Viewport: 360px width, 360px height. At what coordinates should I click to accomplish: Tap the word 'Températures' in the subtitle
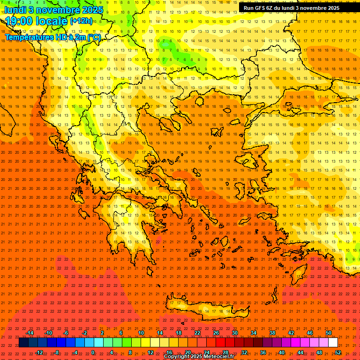(x=29, y=37)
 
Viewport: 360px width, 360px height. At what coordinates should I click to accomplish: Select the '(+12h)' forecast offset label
(x=81, y=21)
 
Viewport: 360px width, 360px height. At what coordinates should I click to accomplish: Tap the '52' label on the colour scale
(x=338, y=352)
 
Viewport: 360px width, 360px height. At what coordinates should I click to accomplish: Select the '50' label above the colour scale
(x=329, y=333)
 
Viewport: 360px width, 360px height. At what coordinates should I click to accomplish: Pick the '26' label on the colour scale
(x=216, y=333)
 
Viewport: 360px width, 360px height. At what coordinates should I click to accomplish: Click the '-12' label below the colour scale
(x=39, y=352)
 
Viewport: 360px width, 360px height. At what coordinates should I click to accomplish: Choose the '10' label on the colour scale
(x=141, y=333)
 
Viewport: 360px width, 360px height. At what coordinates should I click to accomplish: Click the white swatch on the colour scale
(x=333, y=343)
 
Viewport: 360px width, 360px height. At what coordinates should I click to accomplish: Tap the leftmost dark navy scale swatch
(x=23, y=343)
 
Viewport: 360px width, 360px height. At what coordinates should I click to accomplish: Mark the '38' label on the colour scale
(x=272, y=333)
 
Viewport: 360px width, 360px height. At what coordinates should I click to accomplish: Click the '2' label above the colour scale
(x=102, y=333)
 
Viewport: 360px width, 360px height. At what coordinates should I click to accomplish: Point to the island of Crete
(x=206, y=309)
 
